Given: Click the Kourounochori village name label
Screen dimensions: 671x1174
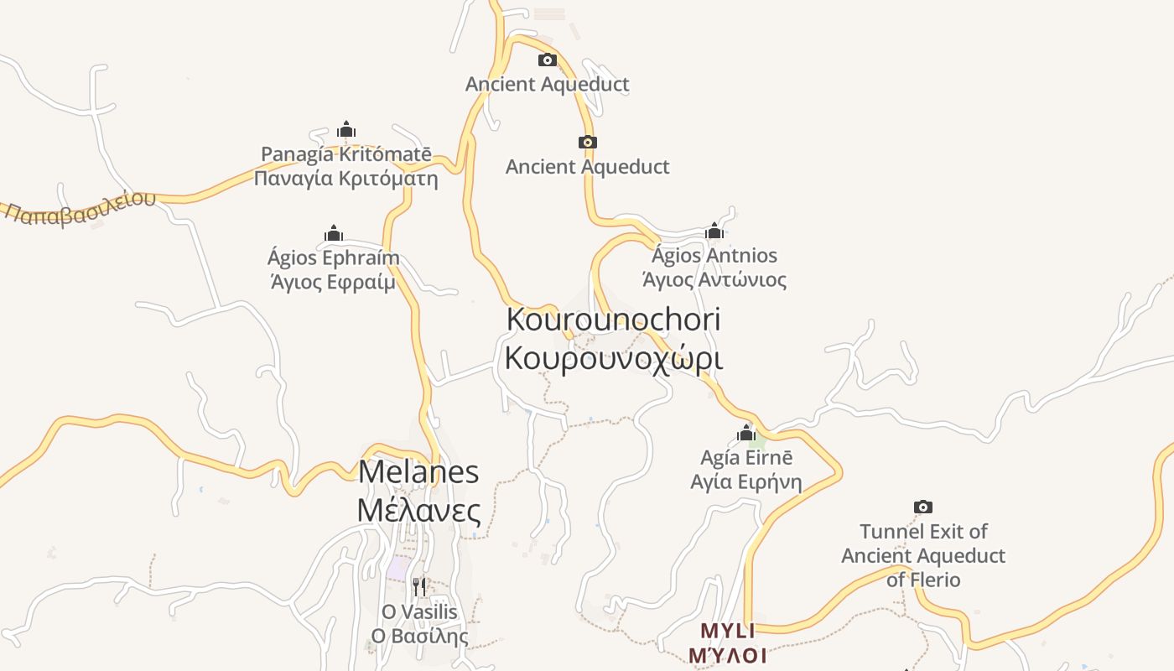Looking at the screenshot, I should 613,320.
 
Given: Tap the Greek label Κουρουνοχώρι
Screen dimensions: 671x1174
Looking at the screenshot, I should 613,357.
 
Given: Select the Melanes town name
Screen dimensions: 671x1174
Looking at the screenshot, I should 418,471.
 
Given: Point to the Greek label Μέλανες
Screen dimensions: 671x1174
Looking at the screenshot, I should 418,510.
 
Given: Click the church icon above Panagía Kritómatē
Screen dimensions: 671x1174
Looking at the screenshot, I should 346,130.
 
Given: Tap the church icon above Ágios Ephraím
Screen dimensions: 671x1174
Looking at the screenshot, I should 334,233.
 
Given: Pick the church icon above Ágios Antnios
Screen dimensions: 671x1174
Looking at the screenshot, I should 714,231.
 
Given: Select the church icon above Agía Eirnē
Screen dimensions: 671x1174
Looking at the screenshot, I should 746,434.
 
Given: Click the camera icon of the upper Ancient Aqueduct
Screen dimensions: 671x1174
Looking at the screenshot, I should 547,60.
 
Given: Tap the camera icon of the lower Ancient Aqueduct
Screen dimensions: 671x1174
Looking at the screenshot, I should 588,142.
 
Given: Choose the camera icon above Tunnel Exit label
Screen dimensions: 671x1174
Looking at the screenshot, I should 923,507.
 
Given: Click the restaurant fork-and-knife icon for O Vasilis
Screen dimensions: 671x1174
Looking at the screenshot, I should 420,585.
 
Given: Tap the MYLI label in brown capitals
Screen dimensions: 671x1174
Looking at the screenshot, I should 728,631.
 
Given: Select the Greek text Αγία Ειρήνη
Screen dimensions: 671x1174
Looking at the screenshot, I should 746,482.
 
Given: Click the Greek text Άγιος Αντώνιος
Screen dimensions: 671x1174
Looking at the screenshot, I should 714,279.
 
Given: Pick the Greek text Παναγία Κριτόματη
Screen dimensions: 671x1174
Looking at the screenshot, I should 346,179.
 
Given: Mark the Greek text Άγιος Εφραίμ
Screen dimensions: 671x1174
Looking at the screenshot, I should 334,282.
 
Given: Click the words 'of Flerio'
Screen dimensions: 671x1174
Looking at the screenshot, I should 923,580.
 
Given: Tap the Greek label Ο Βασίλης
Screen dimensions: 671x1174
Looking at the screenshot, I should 420,636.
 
